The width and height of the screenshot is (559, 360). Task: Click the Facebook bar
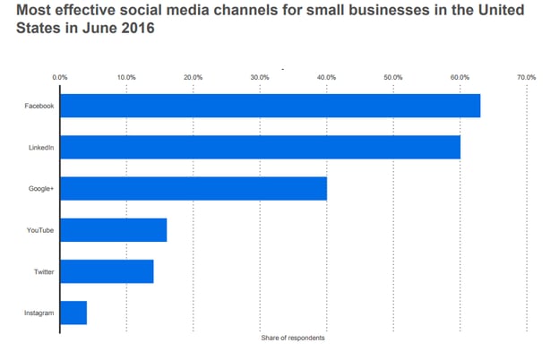tap(270, 106)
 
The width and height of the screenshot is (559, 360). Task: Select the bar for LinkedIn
tap(260, 147)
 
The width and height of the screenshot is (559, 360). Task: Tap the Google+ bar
tap(193, 188)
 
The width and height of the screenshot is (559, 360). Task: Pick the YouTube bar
tap(113, 230)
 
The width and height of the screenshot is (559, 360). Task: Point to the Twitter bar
tap(107, 271)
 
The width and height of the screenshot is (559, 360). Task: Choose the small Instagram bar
tap(73, 313)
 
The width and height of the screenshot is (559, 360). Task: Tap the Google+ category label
tap(42, 188)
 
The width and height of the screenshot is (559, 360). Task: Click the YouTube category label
tap(41, 230)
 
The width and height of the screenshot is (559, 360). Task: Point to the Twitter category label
tap(44, 271)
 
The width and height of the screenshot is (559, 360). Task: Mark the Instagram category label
tap(40, 313)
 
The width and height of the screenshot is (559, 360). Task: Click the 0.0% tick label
tap(60, 77)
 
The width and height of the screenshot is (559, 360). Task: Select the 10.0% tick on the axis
tap(126, 77)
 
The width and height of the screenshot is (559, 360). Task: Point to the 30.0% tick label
tap(260, 77)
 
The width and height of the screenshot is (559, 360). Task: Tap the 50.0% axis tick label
tap(392, 77)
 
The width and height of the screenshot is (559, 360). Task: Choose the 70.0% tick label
tap(526, 77)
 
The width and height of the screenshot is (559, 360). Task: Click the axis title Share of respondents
tap(292, 338)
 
